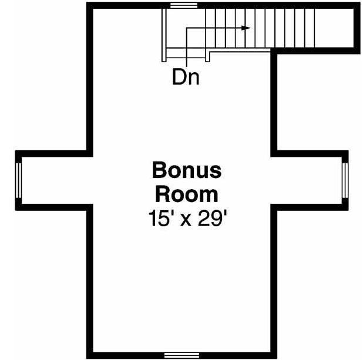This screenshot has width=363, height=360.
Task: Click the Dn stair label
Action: click(x=186, y=77)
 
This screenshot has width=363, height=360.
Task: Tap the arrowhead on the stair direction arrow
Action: click(x=247, y=28)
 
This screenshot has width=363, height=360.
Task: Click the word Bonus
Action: click(x=187, y=170)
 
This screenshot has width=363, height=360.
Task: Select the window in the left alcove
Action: click(x=19, y=180)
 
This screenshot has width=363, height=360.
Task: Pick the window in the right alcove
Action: click(x=345, y=180)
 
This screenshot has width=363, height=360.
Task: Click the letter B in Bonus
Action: click(x=159, y=170)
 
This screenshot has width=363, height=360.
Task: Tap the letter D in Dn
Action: click(x=179, y=77)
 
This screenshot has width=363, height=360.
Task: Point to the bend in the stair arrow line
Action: click(x=186, y=28)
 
